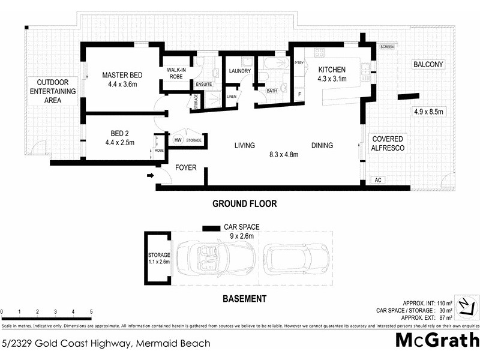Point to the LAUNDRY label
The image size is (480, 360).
239,71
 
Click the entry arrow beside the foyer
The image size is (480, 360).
149,175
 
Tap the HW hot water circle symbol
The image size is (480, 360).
178,140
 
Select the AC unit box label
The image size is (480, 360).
377,179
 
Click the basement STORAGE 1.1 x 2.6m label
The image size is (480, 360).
159,259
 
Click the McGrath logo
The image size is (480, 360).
437,341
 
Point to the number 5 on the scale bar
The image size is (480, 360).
91,312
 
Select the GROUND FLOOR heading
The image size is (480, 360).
245,204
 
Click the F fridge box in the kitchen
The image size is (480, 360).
299,94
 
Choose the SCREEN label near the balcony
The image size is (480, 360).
386,46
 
